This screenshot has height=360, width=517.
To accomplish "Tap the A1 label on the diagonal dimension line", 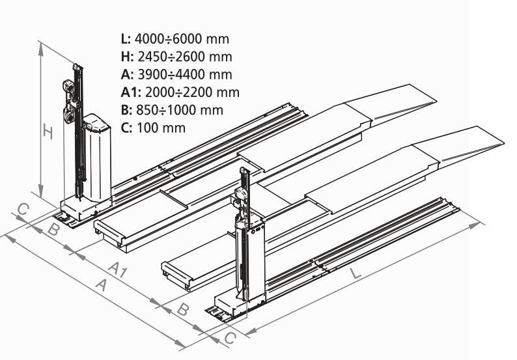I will click(x=117, y=268).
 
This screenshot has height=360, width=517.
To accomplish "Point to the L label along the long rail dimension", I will click(x=356, y=273).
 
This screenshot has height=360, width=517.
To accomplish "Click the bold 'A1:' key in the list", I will click(x=131, y=92).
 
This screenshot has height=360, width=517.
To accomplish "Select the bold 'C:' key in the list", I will click(x=126, y=127).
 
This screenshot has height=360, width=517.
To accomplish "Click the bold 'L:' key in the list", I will click(x=125, y=38).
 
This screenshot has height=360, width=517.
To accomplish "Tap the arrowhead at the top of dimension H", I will click(x=41, y=44).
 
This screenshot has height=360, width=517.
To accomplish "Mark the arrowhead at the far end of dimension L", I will click(x=482, y=223).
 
